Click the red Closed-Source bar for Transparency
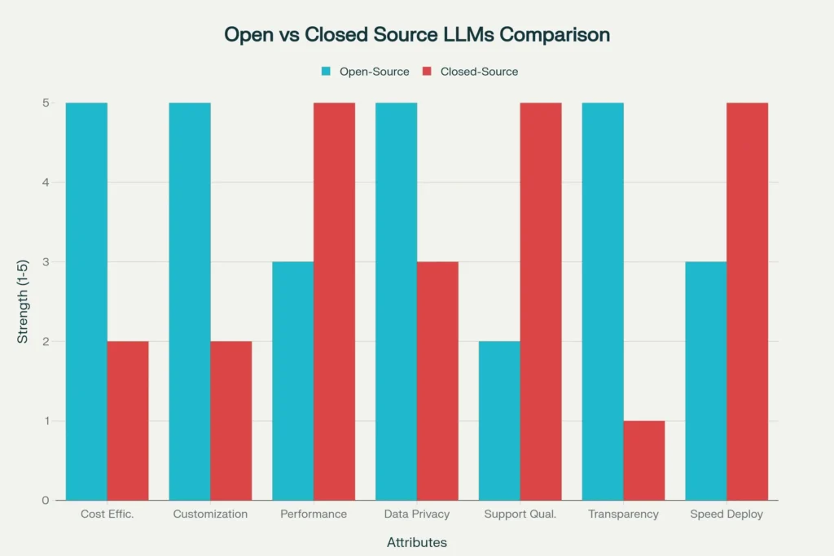coord(643,460)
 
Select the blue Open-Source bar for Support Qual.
coord(499,420)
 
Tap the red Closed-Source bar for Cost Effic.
coord(128,420)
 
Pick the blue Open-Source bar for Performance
coord(293,381)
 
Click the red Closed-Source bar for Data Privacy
coord(437,381)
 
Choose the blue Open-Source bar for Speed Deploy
coord(706,381)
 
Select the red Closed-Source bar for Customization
coord(231,420)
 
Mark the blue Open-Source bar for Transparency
coord(603,301)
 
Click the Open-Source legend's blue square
coord(326,72)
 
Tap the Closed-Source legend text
coord(479,72)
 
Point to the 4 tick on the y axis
coord(46,182)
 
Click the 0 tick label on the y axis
coord(46,500)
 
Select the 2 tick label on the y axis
coord(46,341)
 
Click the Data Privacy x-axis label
coord(416,514)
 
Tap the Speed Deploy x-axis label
coord(726,514)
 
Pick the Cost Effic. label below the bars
coord(108,514)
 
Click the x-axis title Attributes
coord(416,542)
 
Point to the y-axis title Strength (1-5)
coord(23,301)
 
